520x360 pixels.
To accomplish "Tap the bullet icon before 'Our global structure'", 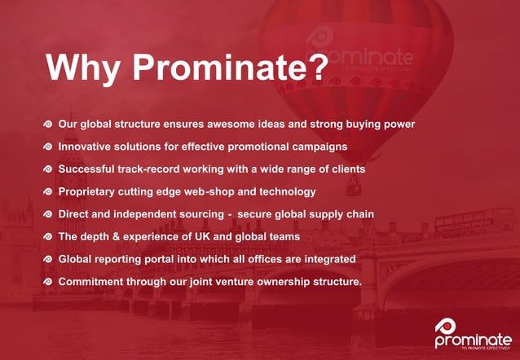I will [48, 125].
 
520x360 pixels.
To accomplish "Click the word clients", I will [345, 169].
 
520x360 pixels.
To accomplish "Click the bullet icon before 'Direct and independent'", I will [48, 214].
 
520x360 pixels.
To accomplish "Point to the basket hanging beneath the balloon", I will [354, 187].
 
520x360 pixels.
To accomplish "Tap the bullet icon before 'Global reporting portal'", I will [48, 259].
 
